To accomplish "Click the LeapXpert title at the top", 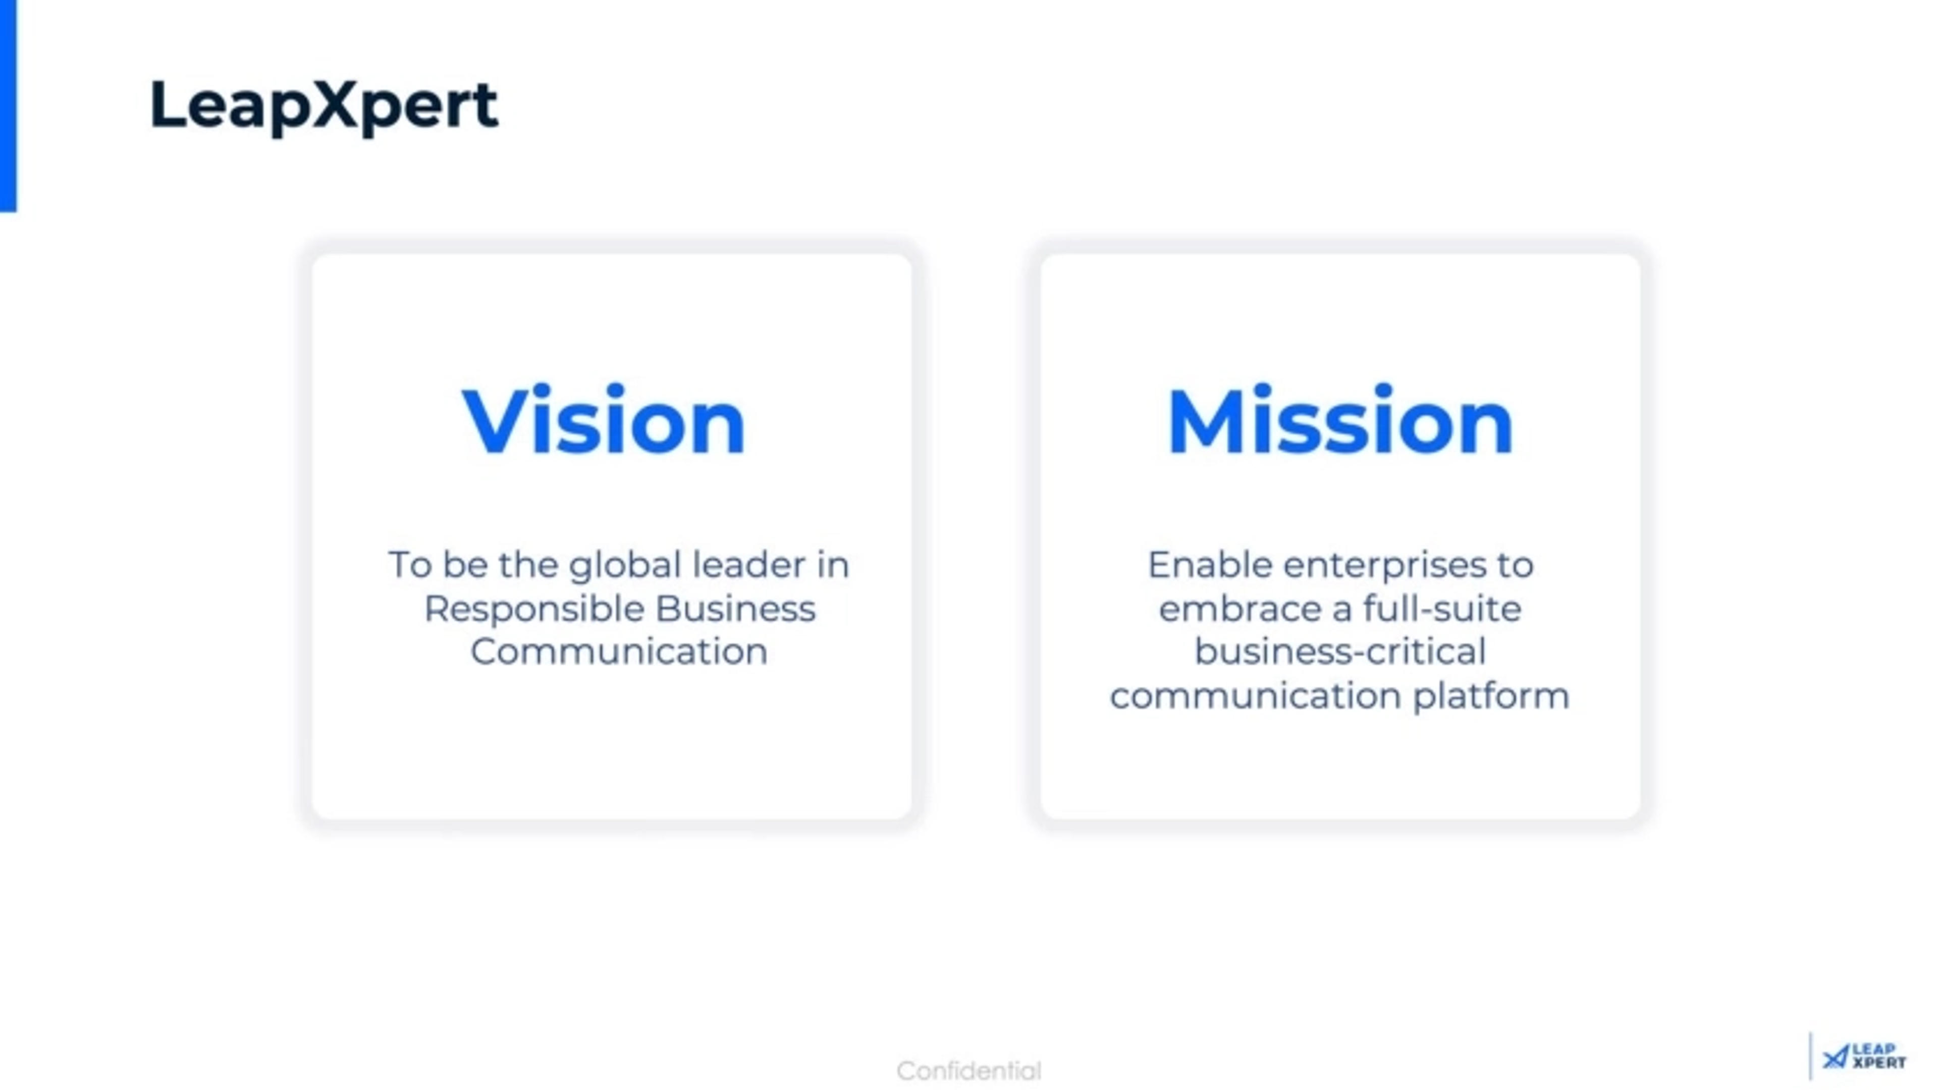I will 324,105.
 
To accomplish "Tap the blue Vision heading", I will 604,421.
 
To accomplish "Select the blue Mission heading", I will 1340,421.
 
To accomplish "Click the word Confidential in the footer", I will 969,1070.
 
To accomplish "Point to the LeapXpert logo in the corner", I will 1864,1056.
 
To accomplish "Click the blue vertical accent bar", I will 8,105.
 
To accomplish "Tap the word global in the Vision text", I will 624,566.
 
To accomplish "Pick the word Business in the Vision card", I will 735,609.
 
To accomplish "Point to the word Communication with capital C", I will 618,651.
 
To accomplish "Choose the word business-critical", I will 1340,651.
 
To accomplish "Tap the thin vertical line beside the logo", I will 1811,1056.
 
